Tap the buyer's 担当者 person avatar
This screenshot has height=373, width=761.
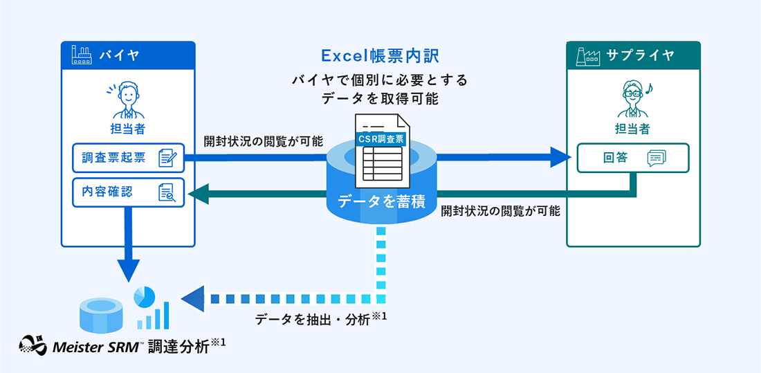pos(127,100)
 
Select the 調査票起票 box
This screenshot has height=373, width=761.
pos(129,158)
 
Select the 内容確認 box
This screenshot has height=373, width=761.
pos(129,193)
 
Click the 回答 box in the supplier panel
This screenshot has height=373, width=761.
pos(633,158)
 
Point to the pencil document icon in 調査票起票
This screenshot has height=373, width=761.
pos(167,158)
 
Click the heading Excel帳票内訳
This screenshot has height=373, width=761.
pos(380,55)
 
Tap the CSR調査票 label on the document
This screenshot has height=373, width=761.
pos(380,138)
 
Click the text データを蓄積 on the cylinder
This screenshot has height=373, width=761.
pos(380,201)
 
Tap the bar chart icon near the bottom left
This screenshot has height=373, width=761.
pos(153,316)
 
